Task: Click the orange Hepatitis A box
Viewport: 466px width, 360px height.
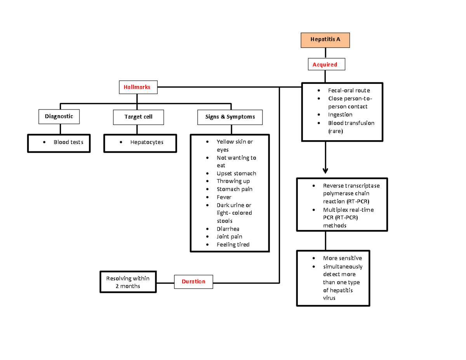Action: [325, 40]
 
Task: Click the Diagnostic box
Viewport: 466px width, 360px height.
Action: [59, 116]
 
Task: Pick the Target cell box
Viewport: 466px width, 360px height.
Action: [138, 117]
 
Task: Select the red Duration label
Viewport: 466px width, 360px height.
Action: [193, 282]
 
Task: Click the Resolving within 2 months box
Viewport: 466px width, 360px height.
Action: [127, 282]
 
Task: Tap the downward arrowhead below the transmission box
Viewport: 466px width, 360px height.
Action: [325, 170]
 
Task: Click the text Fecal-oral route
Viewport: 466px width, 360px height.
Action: [349, 90]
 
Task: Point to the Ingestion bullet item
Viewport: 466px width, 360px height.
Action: [340, 115]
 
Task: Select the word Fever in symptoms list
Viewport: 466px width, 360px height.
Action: [224, 197]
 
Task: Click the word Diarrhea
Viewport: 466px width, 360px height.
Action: [228, 229]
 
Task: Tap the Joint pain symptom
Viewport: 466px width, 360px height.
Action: [230, 237]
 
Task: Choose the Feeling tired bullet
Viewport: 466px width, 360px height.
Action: [233, 244]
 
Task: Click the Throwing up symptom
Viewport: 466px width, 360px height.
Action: [233, 181]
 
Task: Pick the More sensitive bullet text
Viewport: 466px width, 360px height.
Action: [342, 258]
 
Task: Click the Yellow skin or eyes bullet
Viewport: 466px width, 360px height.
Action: [234, 146]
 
